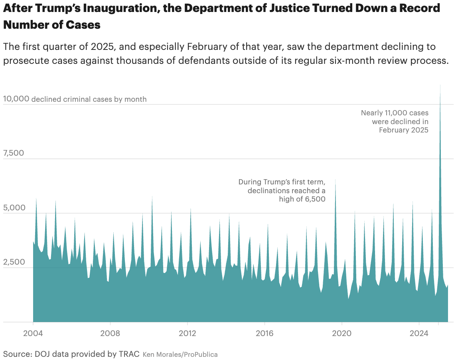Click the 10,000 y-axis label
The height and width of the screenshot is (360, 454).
tap(16, 99)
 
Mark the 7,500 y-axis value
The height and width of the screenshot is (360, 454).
tap(14, 153)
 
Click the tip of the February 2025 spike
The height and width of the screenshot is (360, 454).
tap(440, 85)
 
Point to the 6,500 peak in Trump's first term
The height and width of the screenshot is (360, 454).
tap(335, 180)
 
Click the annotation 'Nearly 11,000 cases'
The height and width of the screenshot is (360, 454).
tap(395, 113)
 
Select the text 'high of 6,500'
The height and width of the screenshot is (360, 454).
tap(302, 199)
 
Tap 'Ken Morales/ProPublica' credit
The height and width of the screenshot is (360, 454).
tap(180, 354)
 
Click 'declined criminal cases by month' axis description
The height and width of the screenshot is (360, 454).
tap(89, 99)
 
